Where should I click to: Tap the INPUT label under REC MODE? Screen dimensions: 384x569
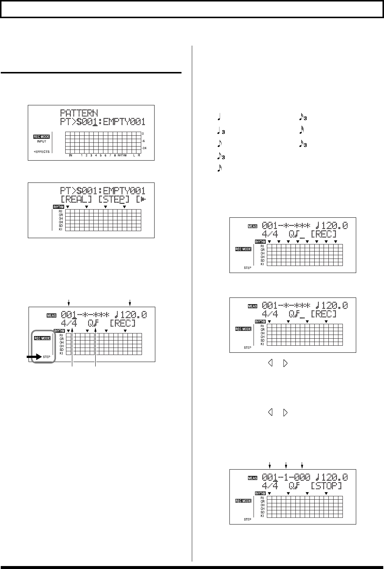click(42, 141)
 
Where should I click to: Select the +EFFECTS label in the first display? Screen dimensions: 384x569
click(42, 152)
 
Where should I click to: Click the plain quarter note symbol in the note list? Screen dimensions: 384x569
click(219, 119)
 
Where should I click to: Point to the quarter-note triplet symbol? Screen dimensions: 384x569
click(221, 131)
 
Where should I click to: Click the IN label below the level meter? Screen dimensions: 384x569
click(70, 156)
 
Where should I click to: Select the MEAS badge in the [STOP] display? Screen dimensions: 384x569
click(252, 478)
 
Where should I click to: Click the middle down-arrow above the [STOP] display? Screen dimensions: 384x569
click(286, 465)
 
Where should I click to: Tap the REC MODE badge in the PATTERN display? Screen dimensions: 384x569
click(42, 137)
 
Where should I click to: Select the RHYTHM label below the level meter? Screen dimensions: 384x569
click(122, 156)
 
